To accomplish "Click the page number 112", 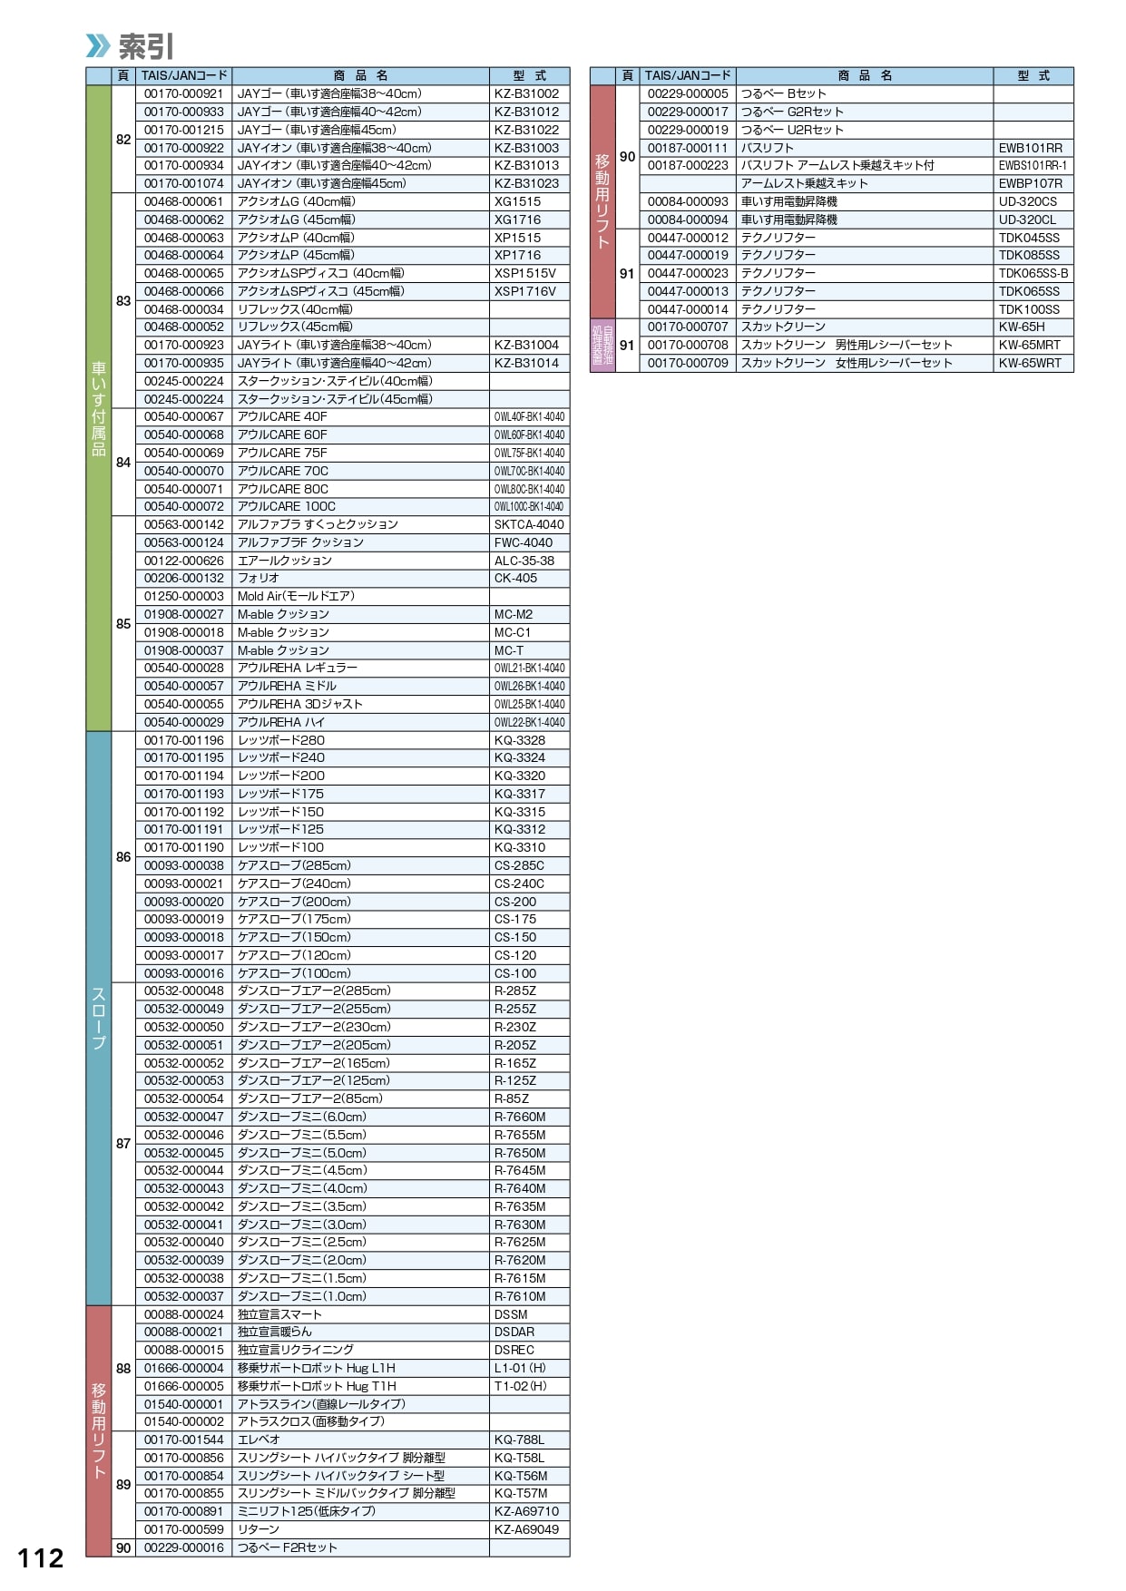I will point(41,1558).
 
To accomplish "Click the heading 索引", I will point(145,45).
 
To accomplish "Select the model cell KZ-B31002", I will point(526,93).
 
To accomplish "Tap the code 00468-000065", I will point(183,273).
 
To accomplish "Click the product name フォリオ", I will point(259,578).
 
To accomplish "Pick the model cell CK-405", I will point(515,578).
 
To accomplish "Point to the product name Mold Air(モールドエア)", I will point(296,596).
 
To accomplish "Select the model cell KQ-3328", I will point(520,740).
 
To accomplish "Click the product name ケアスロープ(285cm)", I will point(294,865).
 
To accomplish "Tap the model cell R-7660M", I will point(520,1117).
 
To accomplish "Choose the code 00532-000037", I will point(183,1296).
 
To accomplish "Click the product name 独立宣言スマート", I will point(279,1314).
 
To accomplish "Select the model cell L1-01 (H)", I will point(520,1368).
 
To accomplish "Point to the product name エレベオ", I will point(259,1440).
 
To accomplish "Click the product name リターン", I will point(259,1529).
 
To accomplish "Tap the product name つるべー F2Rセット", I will point(287,1547).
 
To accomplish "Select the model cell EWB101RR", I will point(1030,148).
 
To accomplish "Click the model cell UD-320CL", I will point(1027,220).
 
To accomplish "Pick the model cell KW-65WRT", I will point(1030,363).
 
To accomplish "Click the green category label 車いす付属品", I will point(98,408).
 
